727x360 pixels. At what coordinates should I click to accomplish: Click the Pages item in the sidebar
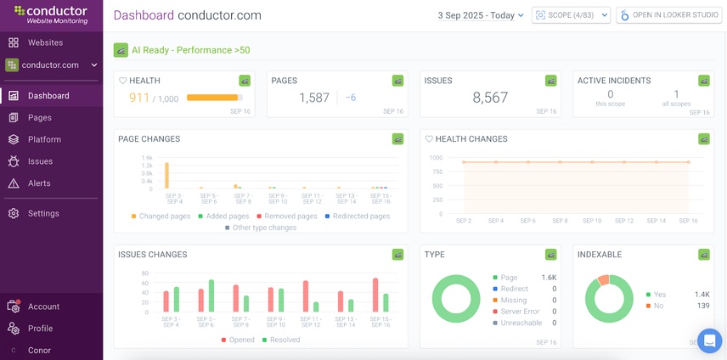coord(39,118)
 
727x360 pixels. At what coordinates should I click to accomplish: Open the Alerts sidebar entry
coord(39,183)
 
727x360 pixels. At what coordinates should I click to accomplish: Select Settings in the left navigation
coord(43,214)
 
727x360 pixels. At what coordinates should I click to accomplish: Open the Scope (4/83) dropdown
coord(571,15)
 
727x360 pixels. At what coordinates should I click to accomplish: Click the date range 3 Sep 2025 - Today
coord(481,15)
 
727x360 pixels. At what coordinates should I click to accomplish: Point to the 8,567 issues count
coord(490,98)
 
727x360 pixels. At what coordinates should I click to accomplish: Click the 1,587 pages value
coord(314,98)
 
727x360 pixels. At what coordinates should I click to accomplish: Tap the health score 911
coord(139,98)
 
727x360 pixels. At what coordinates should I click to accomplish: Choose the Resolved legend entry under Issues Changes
coord(284,340)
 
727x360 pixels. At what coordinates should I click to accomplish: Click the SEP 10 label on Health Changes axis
coord(592,221)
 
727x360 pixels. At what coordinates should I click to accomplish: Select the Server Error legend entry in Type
coord(520,312)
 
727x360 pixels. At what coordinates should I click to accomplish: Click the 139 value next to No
coord(702,306)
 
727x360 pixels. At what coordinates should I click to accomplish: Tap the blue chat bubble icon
coord(708,340)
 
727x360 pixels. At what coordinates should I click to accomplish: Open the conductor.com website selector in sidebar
coord(51,65)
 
